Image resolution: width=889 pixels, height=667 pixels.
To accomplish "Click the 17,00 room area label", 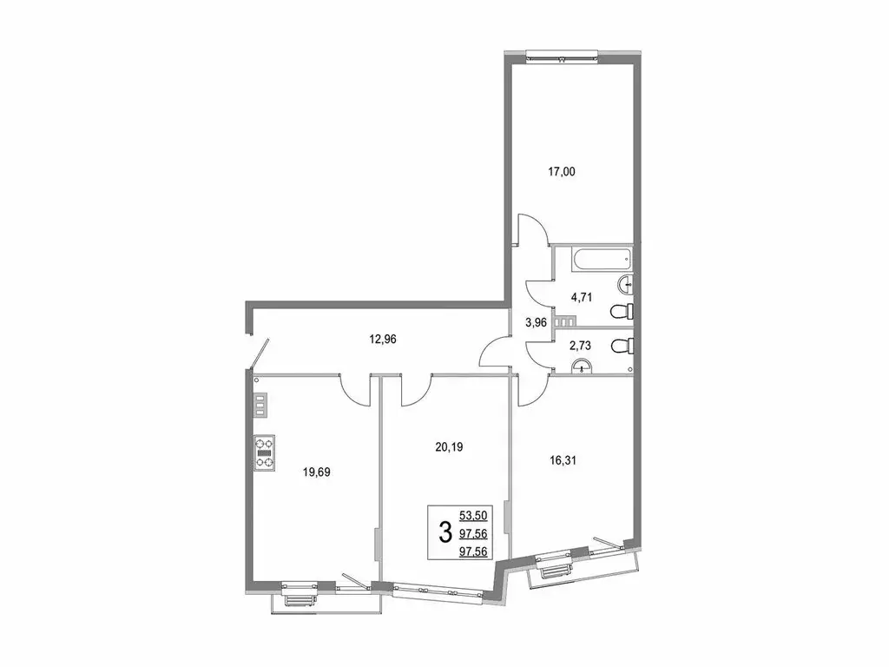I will (x=562, y=172).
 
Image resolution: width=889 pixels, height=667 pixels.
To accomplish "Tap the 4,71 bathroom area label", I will (x=582, y=296).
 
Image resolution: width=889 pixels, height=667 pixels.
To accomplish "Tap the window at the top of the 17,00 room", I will (x=562, y=57).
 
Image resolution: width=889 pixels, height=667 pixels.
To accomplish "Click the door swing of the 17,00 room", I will (x=531, y=230).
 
